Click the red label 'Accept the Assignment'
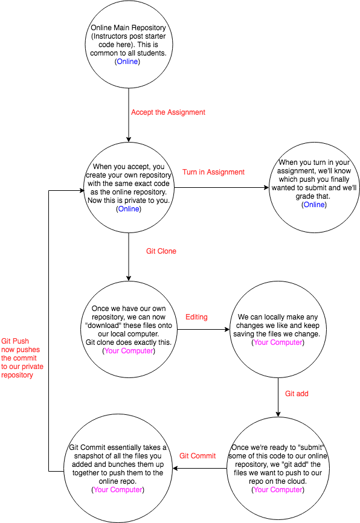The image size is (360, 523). [168, 112]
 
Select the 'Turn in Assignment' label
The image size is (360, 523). [213, 172]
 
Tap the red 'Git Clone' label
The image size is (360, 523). [161, 251]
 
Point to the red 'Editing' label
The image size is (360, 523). [196, 317]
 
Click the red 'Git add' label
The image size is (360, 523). [297, 393]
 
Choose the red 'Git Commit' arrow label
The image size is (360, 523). [198, 456]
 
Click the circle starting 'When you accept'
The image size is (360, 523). [128, 187]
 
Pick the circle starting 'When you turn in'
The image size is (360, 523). [313, 184]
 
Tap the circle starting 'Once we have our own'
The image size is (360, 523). [128, 329]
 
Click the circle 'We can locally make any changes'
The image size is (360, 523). [278, 329]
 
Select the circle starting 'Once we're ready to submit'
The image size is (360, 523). [278, 469]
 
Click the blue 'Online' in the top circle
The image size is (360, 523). [127, 62]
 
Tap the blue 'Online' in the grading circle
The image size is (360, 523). [313, 205]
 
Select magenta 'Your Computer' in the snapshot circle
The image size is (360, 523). [118, 490]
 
